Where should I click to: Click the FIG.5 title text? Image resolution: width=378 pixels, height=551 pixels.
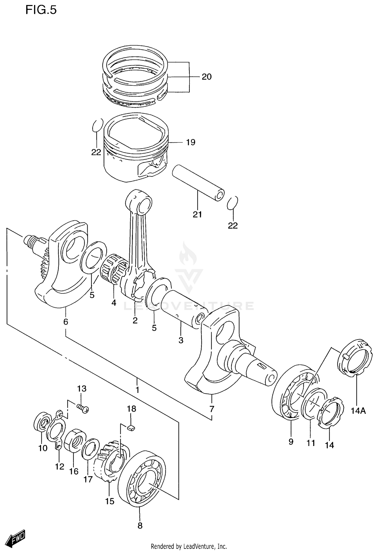[x=41, y=10]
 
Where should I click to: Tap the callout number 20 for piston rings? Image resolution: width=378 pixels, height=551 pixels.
[x=206, y=77]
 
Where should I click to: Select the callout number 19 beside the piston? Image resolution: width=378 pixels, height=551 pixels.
[x=191, y=142]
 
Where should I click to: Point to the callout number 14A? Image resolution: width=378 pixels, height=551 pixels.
[x=358, y=411]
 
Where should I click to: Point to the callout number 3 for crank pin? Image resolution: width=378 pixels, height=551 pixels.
[x=181, y=340]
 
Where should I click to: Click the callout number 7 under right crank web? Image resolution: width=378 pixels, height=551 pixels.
[x=212, y=409]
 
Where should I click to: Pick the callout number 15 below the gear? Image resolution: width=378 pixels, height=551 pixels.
[x=110, y=501]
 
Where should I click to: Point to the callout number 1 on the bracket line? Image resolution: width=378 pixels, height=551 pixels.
[x=137, y=390]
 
